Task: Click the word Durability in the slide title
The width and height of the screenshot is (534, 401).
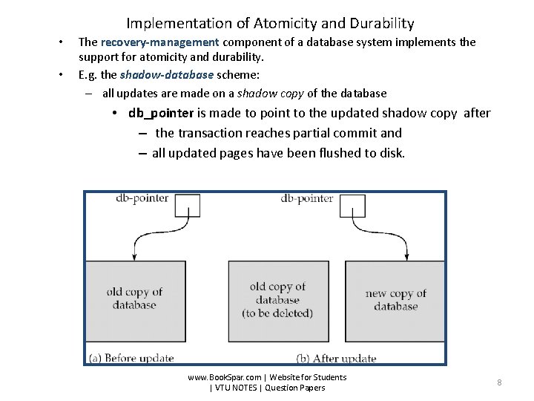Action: [378, 24]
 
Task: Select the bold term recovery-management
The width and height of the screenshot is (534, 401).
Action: [159, 42]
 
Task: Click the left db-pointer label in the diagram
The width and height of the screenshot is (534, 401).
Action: [142, 198]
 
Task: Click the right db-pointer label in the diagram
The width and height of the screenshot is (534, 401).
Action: [307, 198]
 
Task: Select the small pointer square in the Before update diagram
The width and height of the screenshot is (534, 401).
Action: [188, 206]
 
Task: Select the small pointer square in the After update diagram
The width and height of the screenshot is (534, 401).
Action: [352, 206]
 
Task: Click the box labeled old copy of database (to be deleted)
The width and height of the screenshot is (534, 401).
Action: [277, 300]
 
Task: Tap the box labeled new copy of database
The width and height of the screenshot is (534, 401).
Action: [395, 300]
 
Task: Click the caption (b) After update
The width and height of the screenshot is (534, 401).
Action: [336, 358]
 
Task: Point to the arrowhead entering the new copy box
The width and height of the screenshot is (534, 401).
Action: [406, 257]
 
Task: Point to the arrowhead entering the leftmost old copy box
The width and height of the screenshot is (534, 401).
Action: [133, 257]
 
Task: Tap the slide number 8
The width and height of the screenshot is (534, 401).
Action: [499, 382]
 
